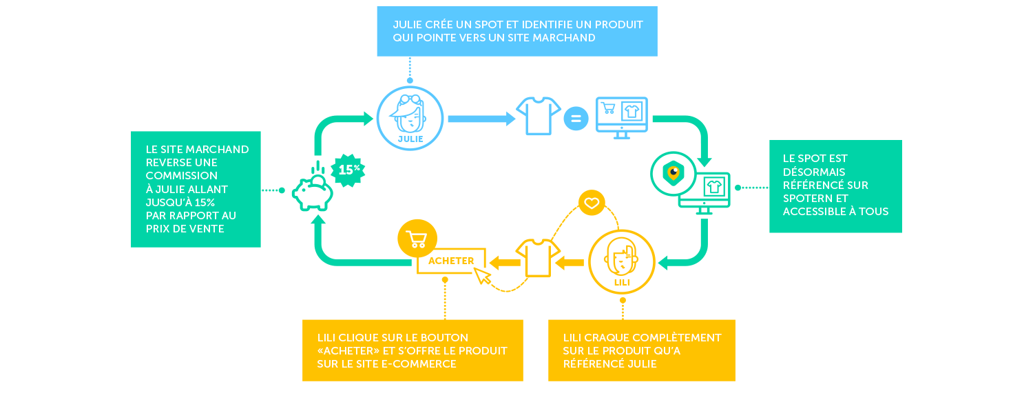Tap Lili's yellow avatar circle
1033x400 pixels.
tap(622, 262)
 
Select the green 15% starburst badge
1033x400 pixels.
tap(349, 168)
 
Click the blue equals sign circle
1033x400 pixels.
tap(576, 119)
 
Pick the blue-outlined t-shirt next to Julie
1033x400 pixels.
tap(539, 116)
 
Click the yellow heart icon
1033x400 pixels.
tap(591, 203)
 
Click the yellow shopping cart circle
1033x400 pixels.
tap(417, 239)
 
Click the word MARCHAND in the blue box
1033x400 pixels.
tap(562, 37)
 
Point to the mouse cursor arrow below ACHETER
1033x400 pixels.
tap(483, 277)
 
